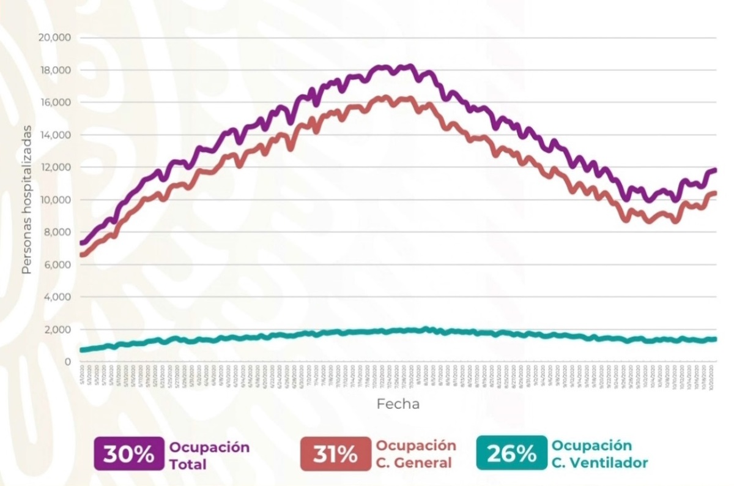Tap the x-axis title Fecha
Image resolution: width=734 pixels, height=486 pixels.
[x=398, y=405]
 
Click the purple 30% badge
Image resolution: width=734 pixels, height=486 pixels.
[x=129, y=454]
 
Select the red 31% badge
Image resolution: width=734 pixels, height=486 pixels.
[x=336, y=454]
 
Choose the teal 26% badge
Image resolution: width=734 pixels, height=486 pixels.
[x=511, y=454]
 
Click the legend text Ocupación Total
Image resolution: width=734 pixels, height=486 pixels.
[x=209, y=455]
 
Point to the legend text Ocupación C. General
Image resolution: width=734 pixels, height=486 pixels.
[x=416, y=454]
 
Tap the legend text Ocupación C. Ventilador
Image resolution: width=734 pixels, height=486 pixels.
[x=599, y=454]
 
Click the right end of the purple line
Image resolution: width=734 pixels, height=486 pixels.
[x=715, y=170]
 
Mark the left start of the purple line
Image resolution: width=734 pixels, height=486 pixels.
[x=81, y=243]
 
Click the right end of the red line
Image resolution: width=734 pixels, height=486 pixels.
[x=715, y=193]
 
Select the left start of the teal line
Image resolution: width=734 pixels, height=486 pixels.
[x=81, y=350]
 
